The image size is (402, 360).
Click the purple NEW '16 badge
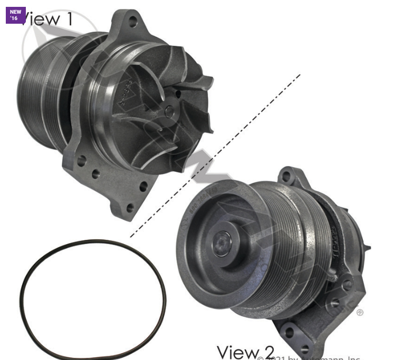pyautogui.click(x=15, y=15)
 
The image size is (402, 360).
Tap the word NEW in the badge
pyautogui.click(x=15, y=12)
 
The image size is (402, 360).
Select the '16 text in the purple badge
pyautogui.click(x=14, y=18)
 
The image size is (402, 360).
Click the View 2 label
pyautogui.click(x=245, y=352)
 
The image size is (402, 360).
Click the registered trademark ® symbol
pyautogui.click(x=360, y=313)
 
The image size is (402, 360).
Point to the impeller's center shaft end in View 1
pyautogui.click(x=168, y=111)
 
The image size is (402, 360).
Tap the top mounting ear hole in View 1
pyautogui.click(x=132, y=22)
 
